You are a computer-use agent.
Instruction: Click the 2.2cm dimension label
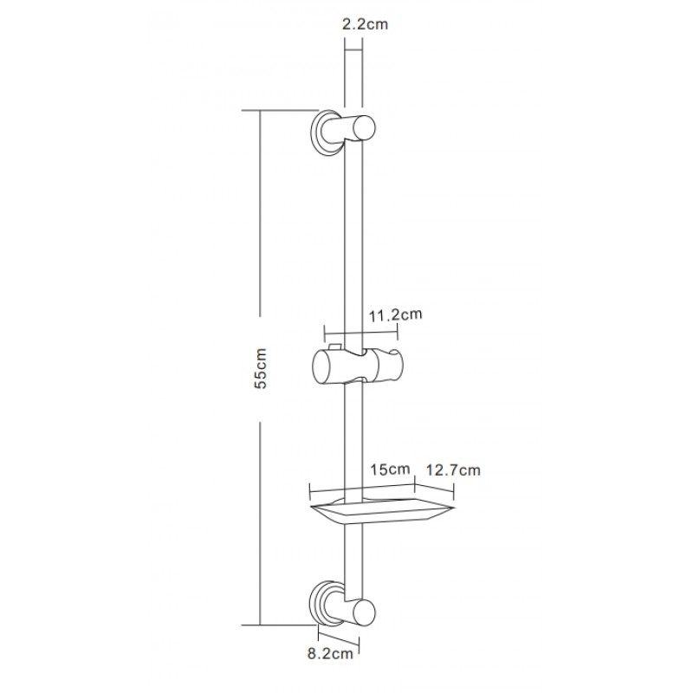click(x=365, y=24)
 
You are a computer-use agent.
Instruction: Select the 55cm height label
click(x=261, y=369)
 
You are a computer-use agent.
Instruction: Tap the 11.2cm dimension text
click(x=396, y=314)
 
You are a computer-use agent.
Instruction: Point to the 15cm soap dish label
click(x=391, y=469)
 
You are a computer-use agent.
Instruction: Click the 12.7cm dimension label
click(x=452, y=470)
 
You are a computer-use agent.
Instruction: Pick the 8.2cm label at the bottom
click(x=330, y=654)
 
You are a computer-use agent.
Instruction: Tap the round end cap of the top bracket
click(x=364, y=127)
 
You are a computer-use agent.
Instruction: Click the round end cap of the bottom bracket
click(x=364, y=613)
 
